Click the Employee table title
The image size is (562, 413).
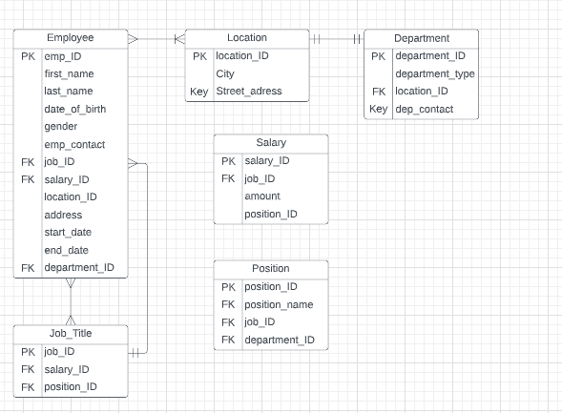pos(70,38)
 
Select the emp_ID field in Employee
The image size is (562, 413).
pos(63,56)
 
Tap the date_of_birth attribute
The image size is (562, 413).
pos(75,109)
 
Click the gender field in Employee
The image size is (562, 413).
pos(61,127)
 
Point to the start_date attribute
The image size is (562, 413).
pos(67,233)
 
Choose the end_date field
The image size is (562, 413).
pos(66,250)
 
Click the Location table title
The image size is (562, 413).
pos(247,38)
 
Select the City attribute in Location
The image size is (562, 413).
pos(226,73)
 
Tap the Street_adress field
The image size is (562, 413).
pos(249,92)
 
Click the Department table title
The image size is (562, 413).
pos(421,38)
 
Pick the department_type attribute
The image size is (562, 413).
pos(435,73)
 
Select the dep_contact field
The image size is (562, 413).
pos(425,110)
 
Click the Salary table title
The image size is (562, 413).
pos(271,143)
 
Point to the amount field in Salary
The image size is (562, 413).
pos(262,196)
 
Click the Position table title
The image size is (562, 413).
pos(271,269)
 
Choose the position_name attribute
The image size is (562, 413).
pos(279,305)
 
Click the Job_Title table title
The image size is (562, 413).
pos(70,333)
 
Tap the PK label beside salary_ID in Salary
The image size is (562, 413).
pos(228,161)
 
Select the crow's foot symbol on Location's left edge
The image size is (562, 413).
pos(178,39)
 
